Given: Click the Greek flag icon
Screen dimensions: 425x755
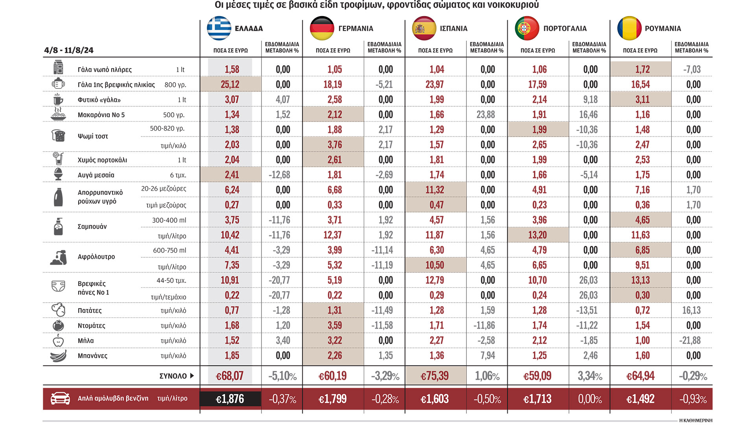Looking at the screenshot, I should [219, 28].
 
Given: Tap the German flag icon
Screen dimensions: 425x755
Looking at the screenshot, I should [322, 28].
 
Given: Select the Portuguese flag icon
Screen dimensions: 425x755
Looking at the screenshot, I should [527, 28].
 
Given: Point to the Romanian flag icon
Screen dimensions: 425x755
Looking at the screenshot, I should [629, 28].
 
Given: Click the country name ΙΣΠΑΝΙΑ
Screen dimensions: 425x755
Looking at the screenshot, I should [453, 28].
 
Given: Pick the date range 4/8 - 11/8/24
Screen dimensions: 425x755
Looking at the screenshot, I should [69, 50].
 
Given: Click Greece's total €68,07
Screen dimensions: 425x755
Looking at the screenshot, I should [230, 376].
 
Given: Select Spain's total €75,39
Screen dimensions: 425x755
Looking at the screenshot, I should [435, 376].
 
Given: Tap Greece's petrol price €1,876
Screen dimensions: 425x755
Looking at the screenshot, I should [230, 399].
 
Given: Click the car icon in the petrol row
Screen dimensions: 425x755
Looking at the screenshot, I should [60, 398].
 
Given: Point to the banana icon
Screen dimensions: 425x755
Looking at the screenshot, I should [58, 356].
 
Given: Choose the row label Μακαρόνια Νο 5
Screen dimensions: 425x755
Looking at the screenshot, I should [101, 115].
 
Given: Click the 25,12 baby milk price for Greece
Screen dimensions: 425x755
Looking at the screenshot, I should [230, 84].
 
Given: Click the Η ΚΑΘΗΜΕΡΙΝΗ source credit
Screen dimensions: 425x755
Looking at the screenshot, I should [696, 420].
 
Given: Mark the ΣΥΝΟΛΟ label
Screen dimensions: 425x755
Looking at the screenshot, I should [173, 376].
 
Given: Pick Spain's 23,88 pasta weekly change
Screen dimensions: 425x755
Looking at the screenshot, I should [488, 115].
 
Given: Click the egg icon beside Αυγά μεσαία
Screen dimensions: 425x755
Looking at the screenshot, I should [58, 174].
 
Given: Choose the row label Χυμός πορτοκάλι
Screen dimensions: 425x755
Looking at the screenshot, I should [102, 160].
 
